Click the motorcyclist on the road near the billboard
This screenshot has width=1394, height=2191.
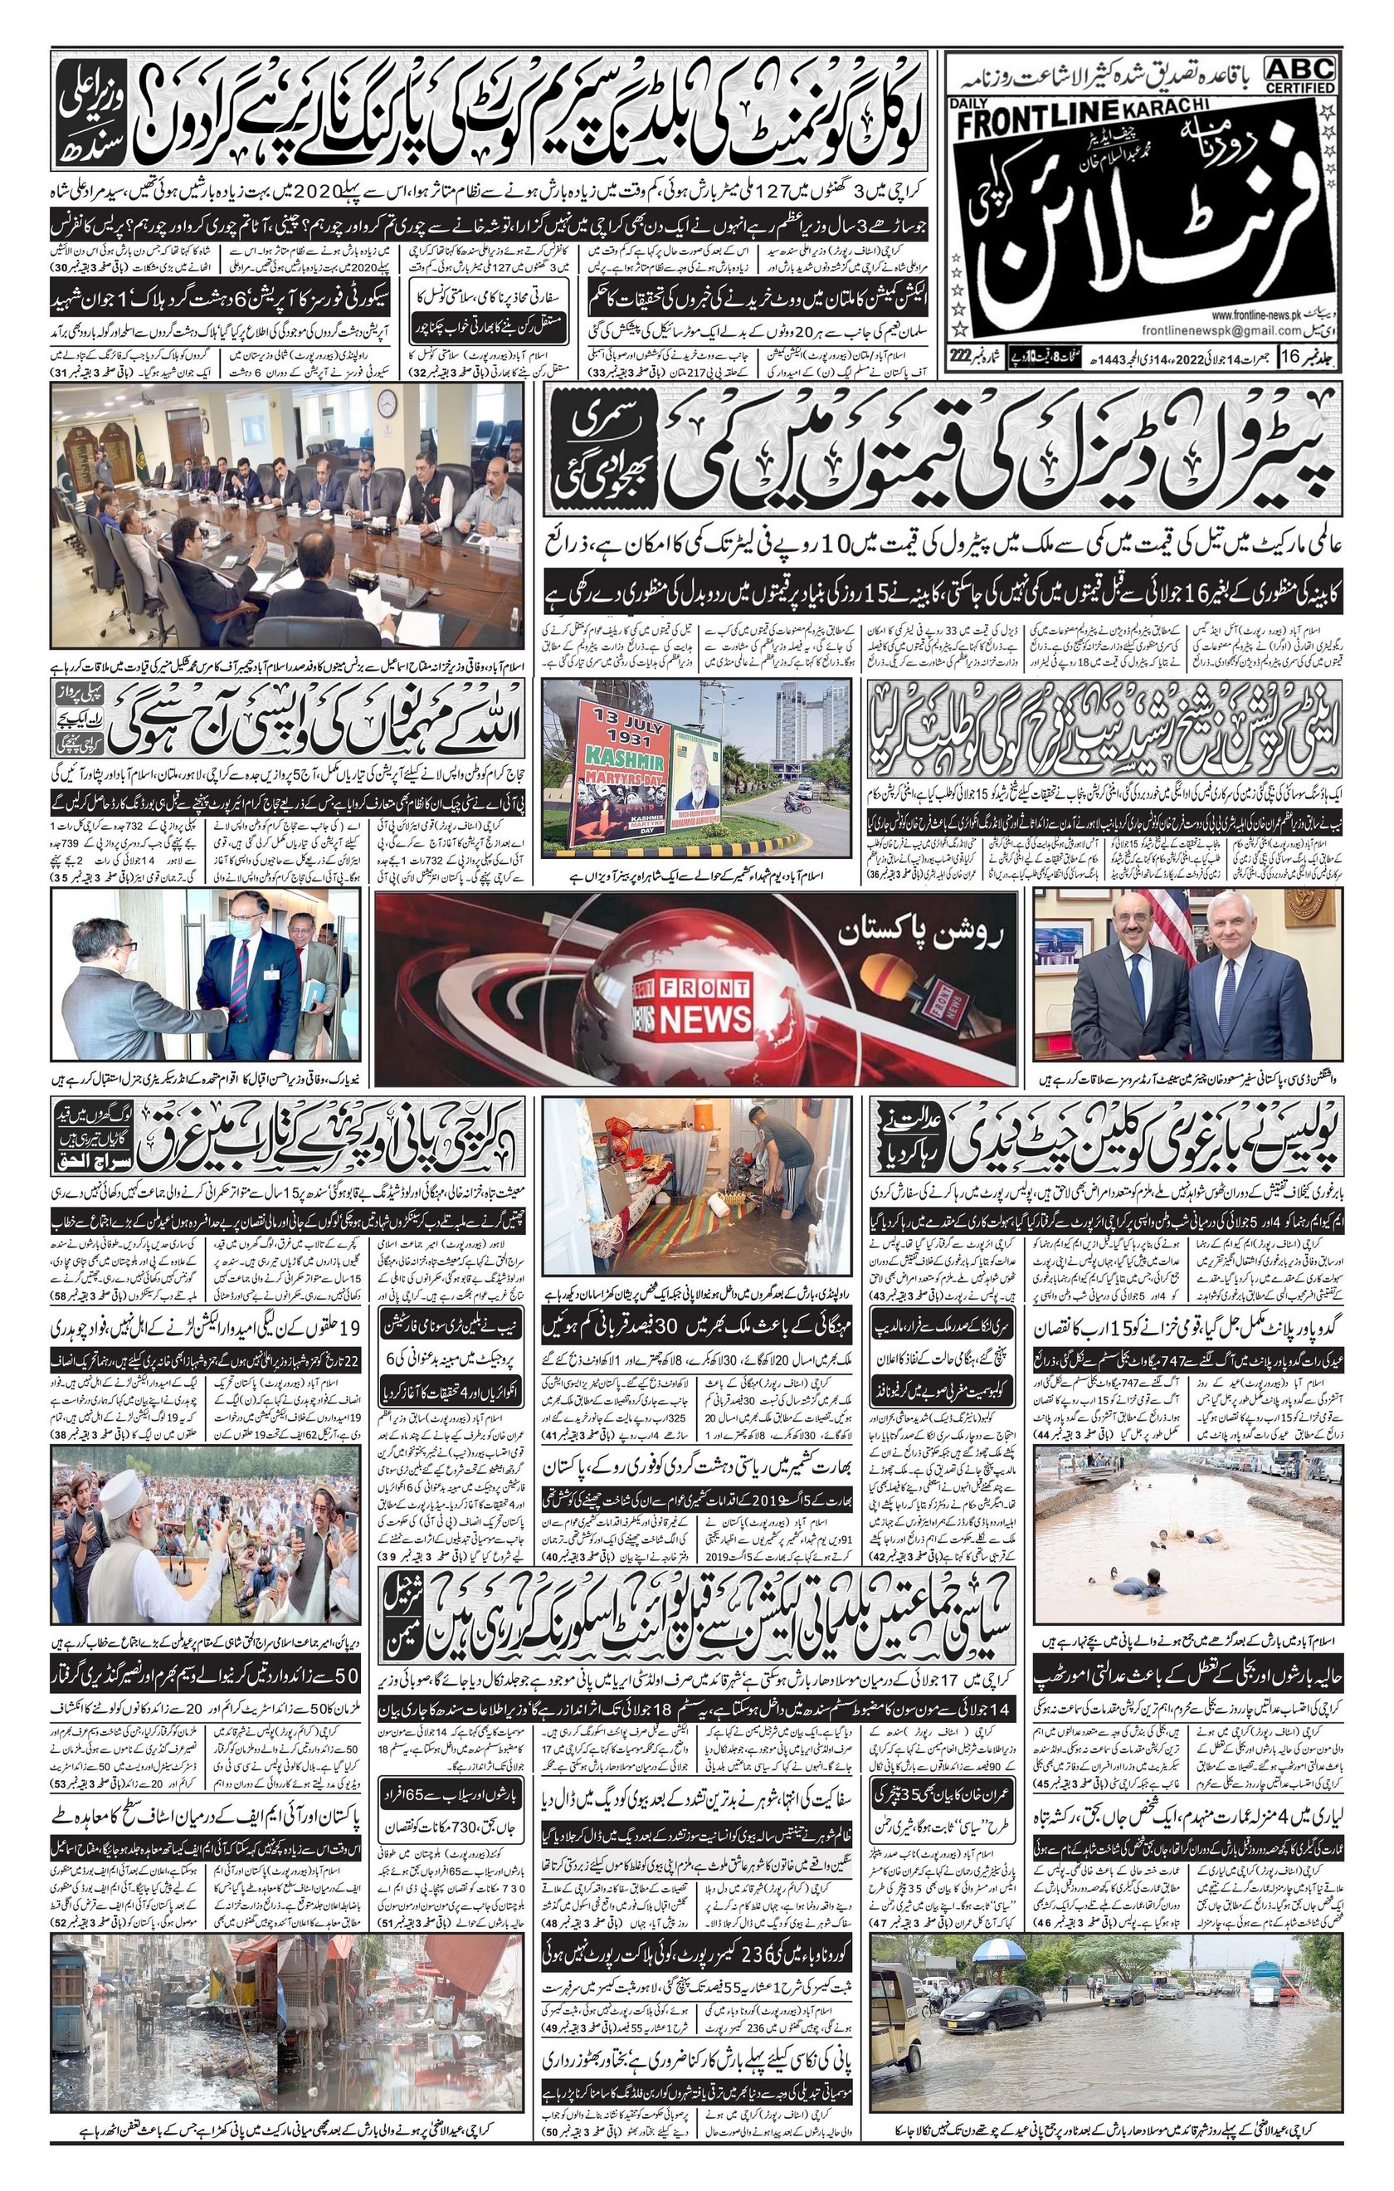797,803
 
